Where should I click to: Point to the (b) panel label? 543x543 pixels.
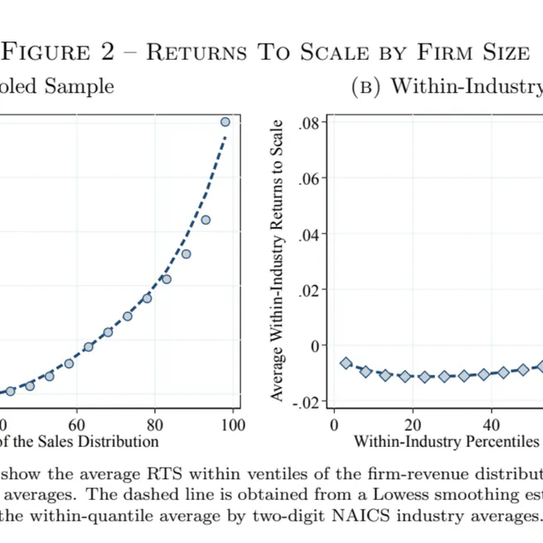pos(366,86)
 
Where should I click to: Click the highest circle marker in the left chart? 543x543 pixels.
pos(225,122)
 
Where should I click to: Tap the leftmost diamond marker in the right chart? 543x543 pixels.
pos(347,363)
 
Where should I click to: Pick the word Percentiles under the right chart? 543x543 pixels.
pos(497,441)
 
